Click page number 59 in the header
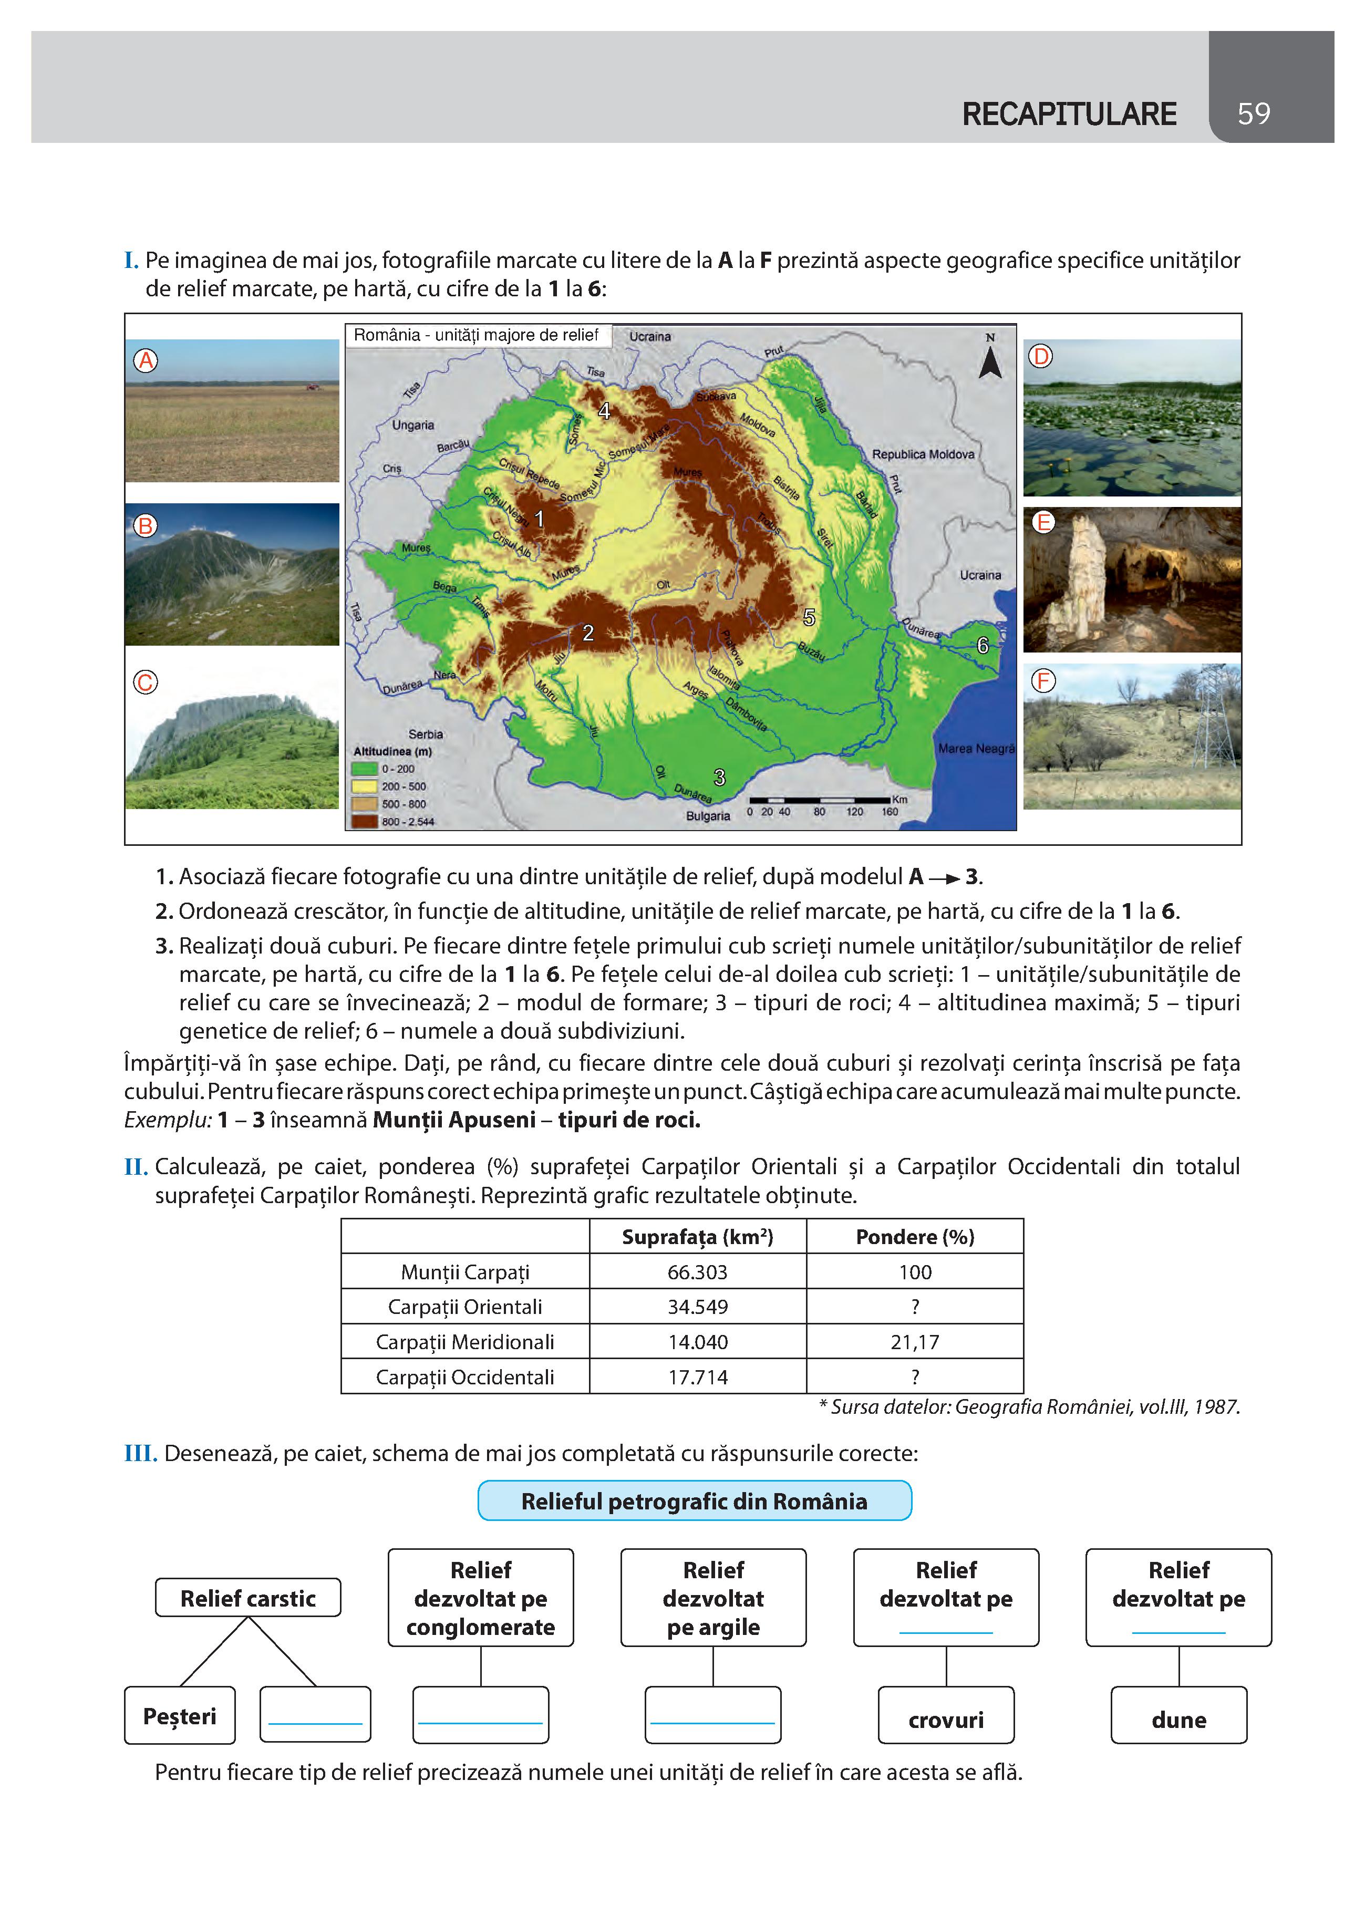1253,113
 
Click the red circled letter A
146,361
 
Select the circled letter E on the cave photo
1042,522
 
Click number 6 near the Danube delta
982,645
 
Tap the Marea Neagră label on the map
976,748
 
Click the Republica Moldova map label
922,454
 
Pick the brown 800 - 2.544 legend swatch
365,822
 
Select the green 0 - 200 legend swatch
365,769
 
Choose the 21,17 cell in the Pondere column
915,1342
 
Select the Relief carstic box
248,1598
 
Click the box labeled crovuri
946,1720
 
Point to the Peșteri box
180,1715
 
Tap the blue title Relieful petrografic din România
694,1501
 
